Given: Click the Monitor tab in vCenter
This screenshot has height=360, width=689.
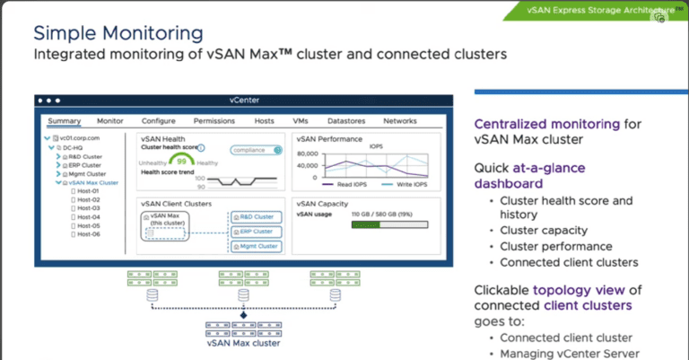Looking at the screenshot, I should [x=110, y=120].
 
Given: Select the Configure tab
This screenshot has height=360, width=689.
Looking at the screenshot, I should [x=159, y=120].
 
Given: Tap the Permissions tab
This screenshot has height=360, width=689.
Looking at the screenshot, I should [x=214, y=120].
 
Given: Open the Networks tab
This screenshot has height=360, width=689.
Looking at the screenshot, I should [x=400, y=120].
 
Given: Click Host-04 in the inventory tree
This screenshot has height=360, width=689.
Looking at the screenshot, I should [x=88, y=216].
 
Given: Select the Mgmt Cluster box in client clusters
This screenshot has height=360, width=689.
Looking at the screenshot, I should [x=256, y=245].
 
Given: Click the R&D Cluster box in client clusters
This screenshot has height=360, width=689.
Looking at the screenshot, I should [x=256, y=216].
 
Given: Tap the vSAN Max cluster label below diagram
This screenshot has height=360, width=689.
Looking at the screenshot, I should [x=242, y=342].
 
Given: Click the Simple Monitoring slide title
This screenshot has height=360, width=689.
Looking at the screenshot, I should [x=118, y=34].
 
